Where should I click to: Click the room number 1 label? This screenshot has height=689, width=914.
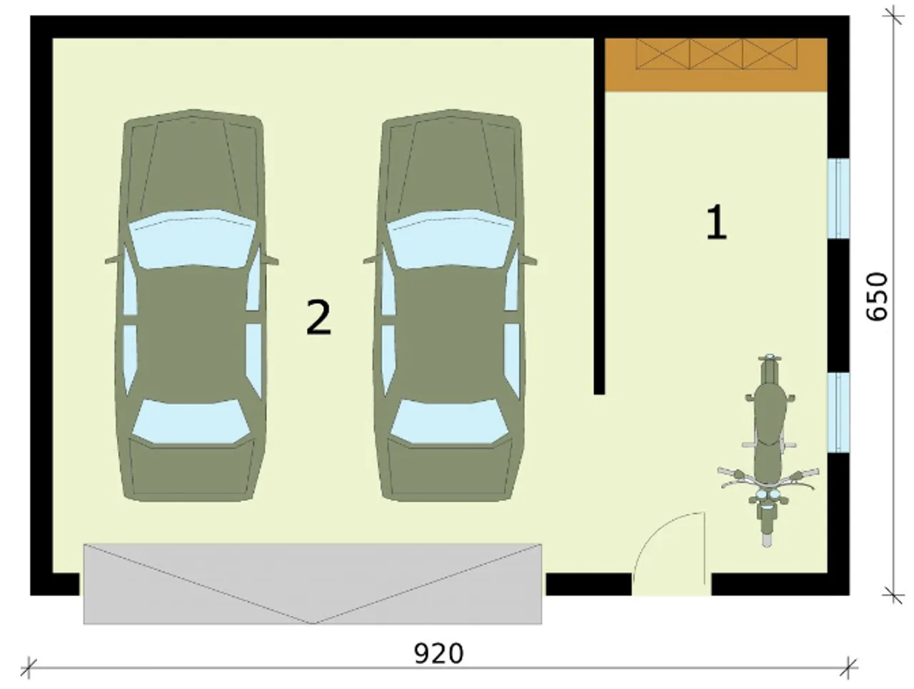coord(716,222)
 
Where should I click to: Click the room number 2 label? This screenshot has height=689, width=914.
coord(318,317)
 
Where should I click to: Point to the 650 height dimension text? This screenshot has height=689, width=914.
coord(876,297)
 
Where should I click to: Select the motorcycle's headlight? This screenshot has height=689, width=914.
coord(768,495)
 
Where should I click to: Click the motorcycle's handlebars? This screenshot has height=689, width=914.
coord(768,477)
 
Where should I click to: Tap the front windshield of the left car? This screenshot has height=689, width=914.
coord(191,239)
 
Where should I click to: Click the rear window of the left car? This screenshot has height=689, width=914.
coord(191,422)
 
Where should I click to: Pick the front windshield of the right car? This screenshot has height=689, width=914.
coord(450,239)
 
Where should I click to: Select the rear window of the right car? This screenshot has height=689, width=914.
coord(450,422)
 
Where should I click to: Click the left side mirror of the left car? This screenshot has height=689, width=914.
coord(114,259)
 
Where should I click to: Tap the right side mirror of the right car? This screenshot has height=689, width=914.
coord(529,259)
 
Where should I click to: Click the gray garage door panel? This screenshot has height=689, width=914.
coord(312,583)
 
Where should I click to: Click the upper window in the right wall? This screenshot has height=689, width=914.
coord(838,199)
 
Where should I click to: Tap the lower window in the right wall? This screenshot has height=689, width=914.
coord(838,412)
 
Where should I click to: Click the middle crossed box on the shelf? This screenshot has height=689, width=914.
coord(715,54)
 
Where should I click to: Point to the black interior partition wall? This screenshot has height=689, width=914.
coord(599,216)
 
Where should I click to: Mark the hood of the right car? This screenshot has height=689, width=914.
coord(451,162)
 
